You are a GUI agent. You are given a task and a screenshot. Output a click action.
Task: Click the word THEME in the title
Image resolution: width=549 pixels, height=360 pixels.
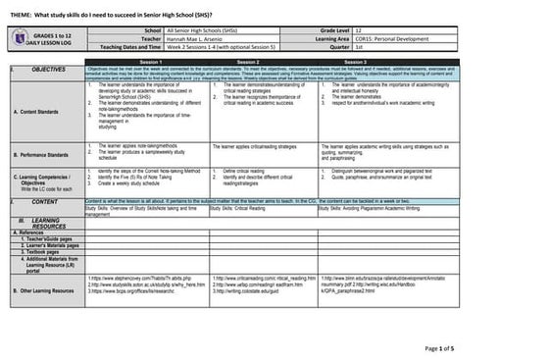click(x=24, y=11)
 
